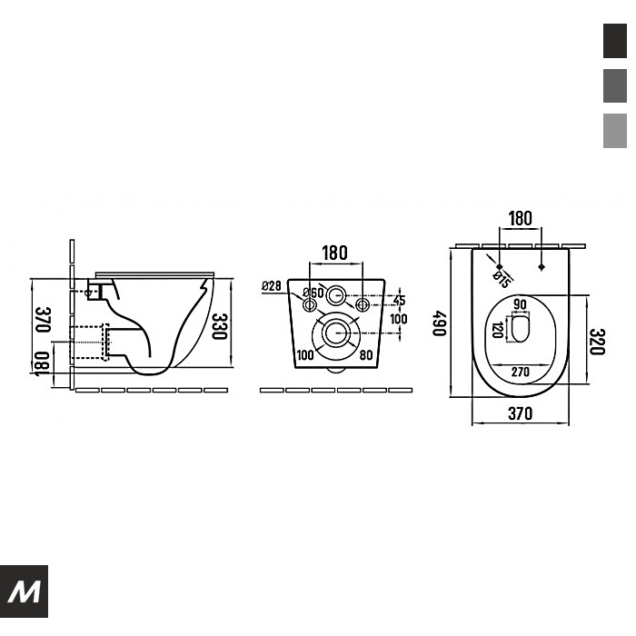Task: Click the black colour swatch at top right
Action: [615, 41]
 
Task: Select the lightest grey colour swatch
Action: [615, 131]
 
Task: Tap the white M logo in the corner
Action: [25, 591]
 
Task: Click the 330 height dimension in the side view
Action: [220, 326]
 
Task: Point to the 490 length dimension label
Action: [439, 323]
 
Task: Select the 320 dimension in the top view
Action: [597, 342]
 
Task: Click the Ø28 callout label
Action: [272, 285]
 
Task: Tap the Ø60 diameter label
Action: [313, 292]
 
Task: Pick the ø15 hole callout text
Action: [502, 279]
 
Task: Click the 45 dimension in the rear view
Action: [399, 301]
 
